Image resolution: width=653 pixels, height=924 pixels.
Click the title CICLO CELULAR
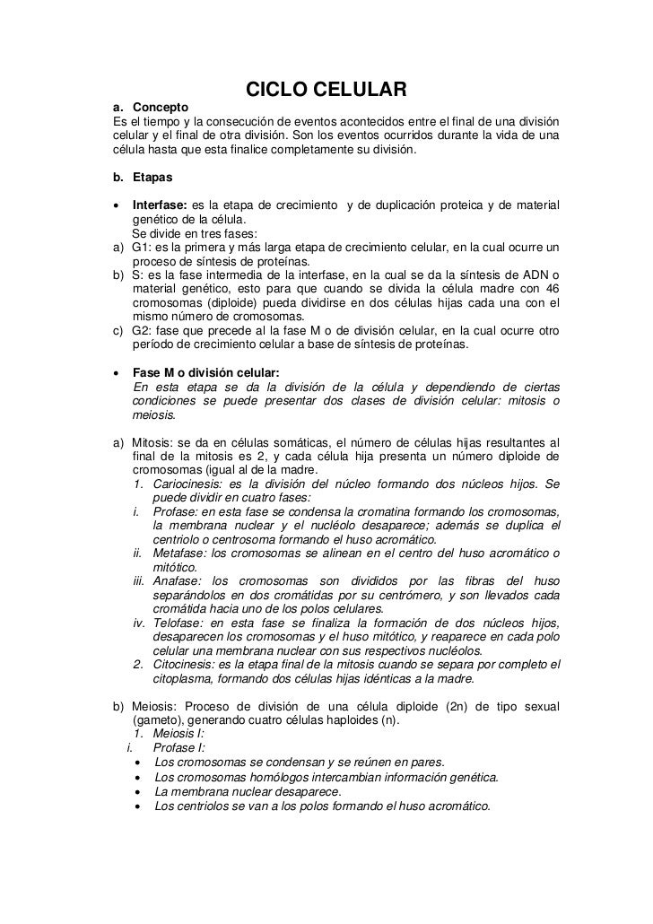pos(326,90)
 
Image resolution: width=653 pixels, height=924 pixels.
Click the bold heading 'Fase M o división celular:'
pos(206,372)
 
